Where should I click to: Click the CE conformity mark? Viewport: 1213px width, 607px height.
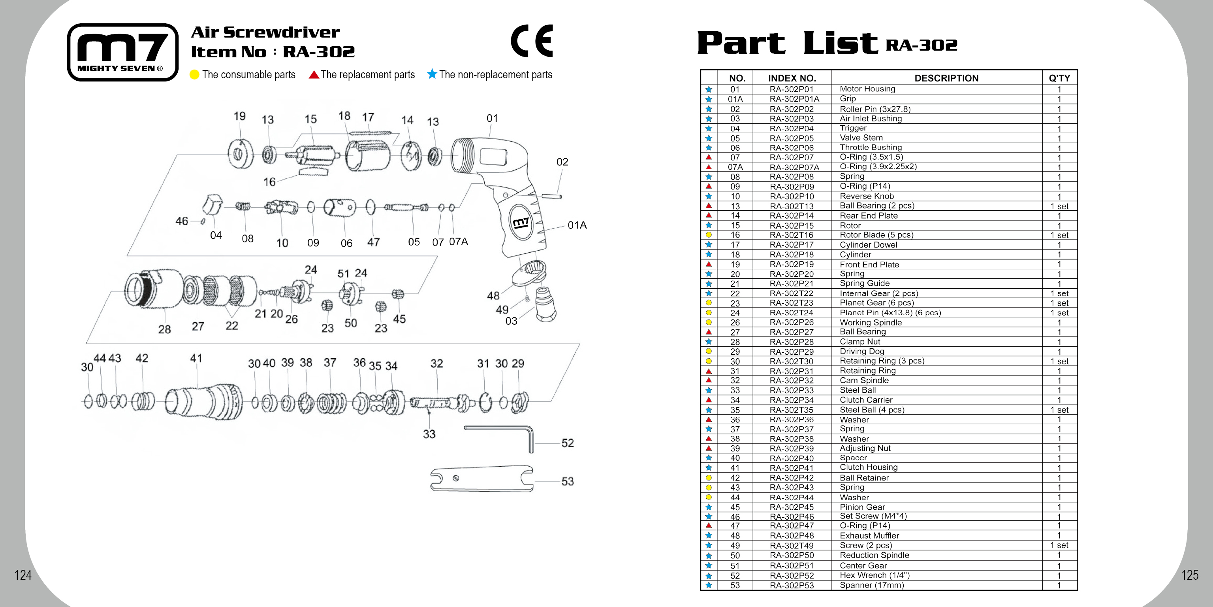coord(532,41)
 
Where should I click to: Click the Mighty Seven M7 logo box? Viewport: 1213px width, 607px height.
coord(123,52)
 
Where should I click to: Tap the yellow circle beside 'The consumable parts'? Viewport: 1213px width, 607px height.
coord(194,75)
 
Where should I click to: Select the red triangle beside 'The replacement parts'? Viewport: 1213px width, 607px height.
coord(314,74)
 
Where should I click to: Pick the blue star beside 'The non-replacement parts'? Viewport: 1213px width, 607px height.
coord(432,74)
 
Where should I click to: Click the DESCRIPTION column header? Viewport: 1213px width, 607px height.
coord(946,78)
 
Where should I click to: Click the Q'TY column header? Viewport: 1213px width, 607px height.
coord(1059,78)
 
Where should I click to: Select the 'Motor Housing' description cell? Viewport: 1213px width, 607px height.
coord(867,89)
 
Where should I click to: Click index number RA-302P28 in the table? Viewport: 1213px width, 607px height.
coord(792,342)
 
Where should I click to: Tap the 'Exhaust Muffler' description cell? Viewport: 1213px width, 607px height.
coord(869,535)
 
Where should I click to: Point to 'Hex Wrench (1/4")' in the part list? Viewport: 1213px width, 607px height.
coord(874,575)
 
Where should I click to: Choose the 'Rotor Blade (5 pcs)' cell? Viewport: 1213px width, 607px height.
coord(876,235)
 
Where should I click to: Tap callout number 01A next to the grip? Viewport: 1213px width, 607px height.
coord(577,225)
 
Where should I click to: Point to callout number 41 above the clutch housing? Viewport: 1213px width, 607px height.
coord(196,358)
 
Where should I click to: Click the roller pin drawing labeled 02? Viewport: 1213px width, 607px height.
coord(551,196)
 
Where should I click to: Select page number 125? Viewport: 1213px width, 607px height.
coord(1189,575)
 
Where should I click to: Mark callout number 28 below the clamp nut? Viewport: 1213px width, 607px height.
coord(164,329)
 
